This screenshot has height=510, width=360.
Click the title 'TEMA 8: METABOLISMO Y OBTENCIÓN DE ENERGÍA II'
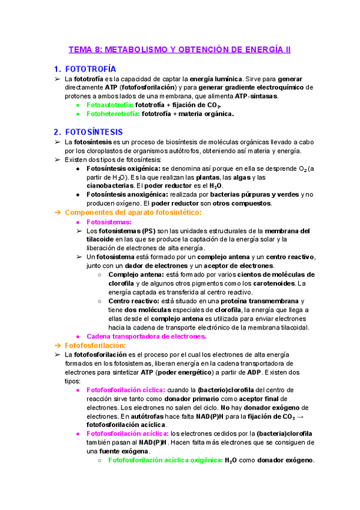point(180,49)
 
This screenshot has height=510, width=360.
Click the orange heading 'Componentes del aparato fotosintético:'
point(133,213)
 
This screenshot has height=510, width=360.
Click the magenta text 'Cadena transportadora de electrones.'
point(147,337)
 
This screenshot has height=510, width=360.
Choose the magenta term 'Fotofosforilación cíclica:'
point(126,390)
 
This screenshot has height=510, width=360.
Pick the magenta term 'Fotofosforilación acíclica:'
point(128,434)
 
